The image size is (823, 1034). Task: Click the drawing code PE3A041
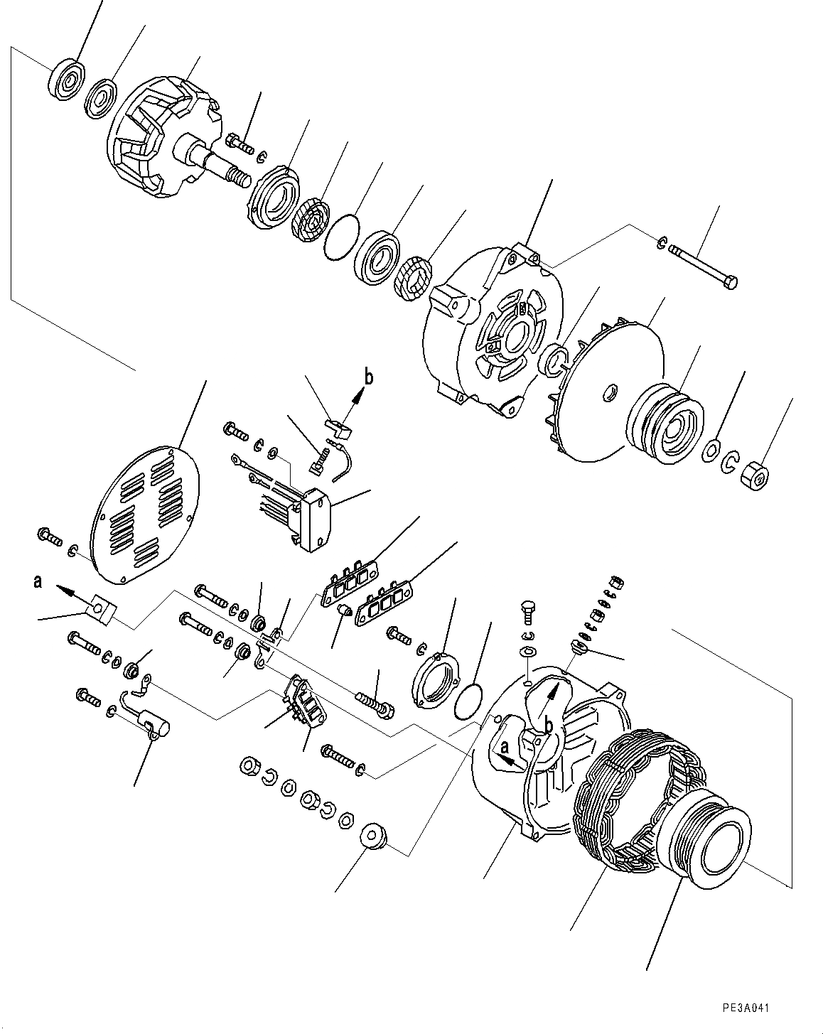coord(746,1008)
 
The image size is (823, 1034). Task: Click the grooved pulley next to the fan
coord(665,425)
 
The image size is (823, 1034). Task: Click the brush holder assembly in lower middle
coord(302,704)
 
